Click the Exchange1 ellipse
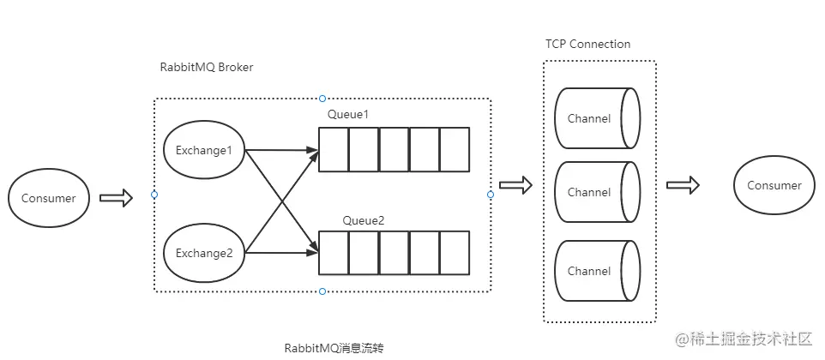pyautogui.click(x=204, y=150)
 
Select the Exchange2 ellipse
pyautogui.click(x=204, y=254)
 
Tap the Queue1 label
pyautogui.click(x=348, y=114)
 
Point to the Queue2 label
pyautogui.click(x=364, y=220)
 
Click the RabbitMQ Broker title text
pyautogui.click(x=207, y=67)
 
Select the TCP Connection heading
pyautogui.click(x=587, y=44)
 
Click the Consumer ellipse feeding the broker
pyautogui.click(x=49, y=198)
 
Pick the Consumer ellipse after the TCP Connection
pyautogui.click(x=774, y=185)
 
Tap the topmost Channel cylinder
pyautogui.click(x=597, y=118)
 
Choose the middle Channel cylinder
pyautogui.click(x=597, y=192)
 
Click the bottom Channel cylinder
pyautogui.click(x=597, y=271)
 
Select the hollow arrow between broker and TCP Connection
pyautogui.click(x=515, y=184)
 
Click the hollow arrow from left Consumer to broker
pyautogui.click(x=117, y=198)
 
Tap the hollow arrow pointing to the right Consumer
pyautogui.click(x=683, y=185)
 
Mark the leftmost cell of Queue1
pyautogui.click(x=334, y=149)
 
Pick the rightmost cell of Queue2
pyautogui.click(x=455, y=253)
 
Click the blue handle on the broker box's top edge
pyautogui.click(x=322, y=99)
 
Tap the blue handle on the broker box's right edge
pyautogui.click(x=491, y=195)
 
